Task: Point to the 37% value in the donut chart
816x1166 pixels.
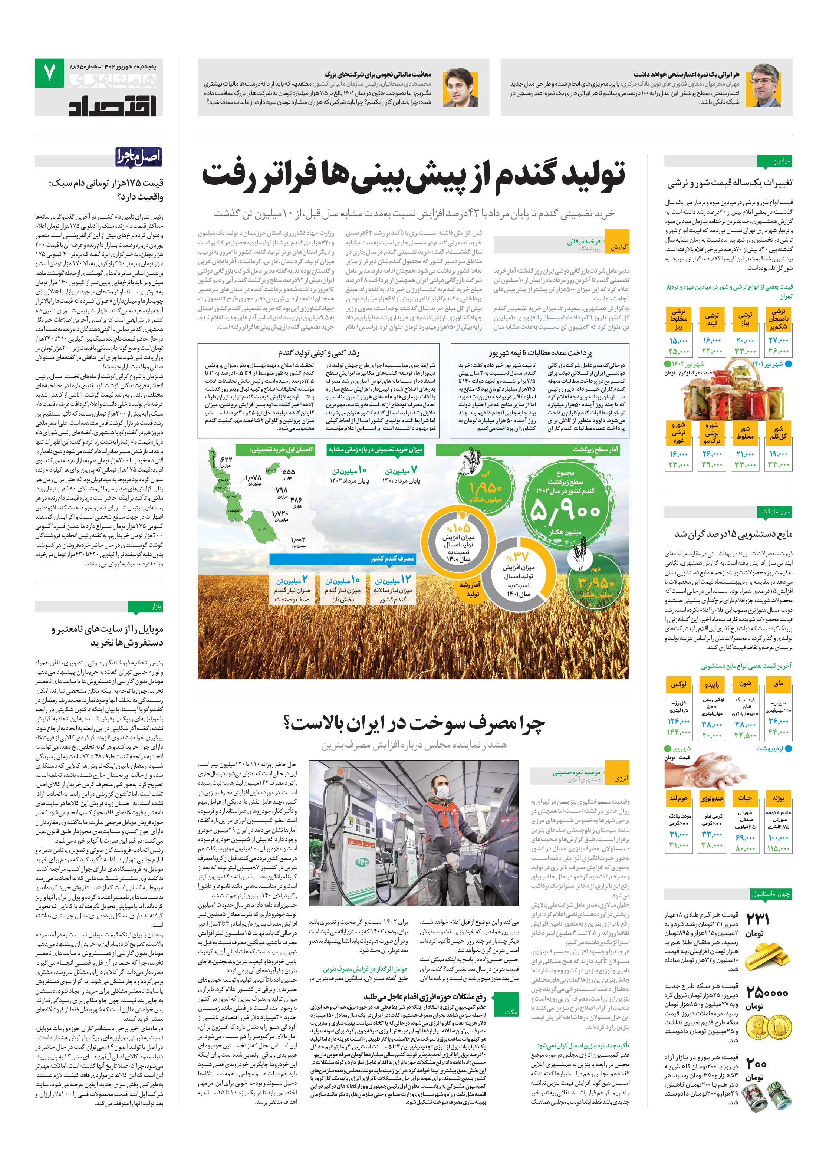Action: coord(521,557)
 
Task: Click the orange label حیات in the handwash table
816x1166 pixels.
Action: coord(745,798)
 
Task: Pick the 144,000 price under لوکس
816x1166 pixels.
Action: coord(678,732)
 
